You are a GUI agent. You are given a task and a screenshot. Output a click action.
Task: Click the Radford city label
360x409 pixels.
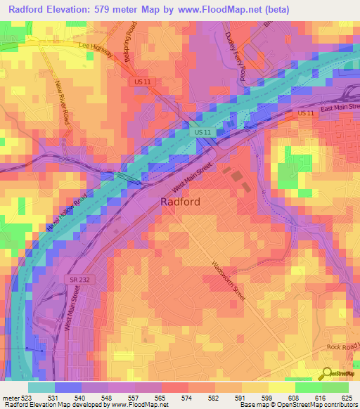click(181, 202)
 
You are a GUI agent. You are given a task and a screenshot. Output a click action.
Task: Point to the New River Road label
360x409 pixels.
click(63, 103)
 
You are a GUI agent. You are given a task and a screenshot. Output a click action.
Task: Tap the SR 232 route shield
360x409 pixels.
click(80, 280)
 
